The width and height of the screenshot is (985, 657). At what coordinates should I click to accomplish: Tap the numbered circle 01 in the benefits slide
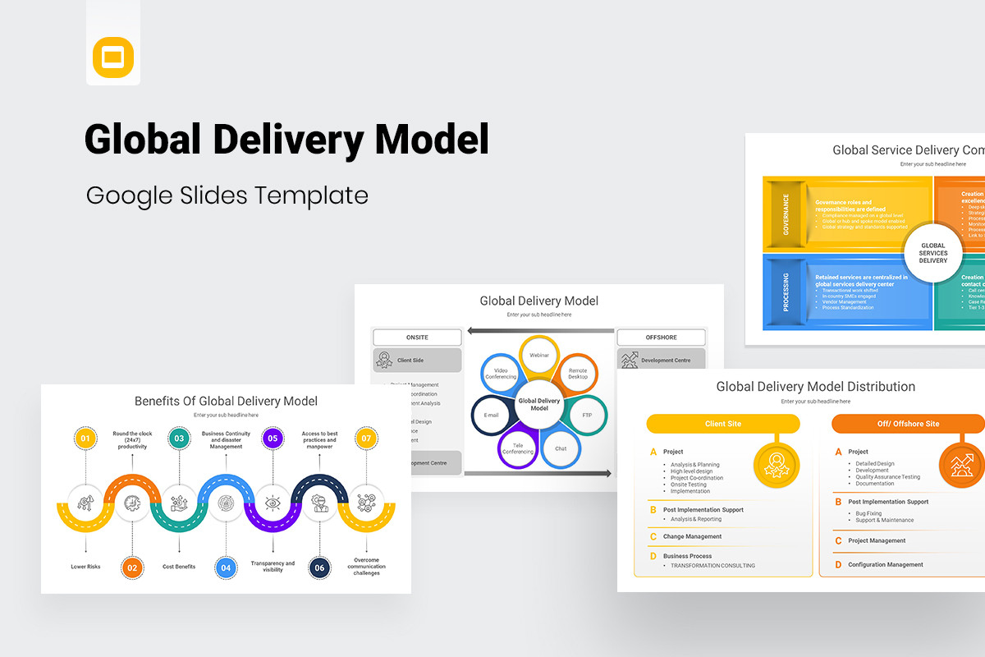click(85, 439)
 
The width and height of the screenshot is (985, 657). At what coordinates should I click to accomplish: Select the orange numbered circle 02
click(132, 567)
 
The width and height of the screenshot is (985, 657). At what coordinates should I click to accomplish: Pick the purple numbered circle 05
click(273, 439)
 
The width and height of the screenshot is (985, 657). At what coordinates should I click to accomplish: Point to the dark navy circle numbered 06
click(320, 567)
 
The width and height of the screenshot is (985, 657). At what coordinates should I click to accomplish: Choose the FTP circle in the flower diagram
click(587, 415)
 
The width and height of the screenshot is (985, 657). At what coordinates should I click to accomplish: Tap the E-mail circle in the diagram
click(492, 415)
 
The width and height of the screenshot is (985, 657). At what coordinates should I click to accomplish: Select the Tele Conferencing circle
click(518, 448)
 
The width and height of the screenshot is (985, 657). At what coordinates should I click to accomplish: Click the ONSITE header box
click(417, 337)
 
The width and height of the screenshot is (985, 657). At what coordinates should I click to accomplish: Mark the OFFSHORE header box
click(661, 337)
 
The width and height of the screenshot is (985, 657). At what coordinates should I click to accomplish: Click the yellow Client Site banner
click(722, 424)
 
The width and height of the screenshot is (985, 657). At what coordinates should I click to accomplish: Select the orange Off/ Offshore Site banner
click(908, 424)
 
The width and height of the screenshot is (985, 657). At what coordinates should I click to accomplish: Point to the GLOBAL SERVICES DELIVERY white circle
click(933, 253)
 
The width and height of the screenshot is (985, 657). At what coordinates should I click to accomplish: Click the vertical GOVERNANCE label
click(786, 214)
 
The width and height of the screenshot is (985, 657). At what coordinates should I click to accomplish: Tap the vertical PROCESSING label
click(786, 292)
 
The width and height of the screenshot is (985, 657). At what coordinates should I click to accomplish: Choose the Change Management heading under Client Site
click(692, 536)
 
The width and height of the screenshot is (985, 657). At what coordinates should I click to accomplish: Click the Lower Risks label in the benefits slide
click(85, 567)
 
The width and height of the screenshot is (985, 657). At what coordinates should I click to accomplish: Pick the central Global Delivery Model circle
click(539, 404)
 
